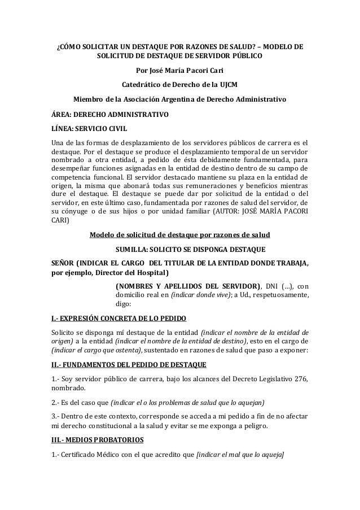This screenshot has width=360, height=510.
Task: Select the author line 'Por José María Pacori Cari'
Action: point(179,72)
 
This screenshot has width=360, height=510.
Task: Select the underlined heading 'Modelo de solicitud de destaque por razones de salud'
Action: point(179,235)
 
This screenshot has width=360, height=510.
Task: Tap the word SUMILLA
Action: point(133,249)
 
